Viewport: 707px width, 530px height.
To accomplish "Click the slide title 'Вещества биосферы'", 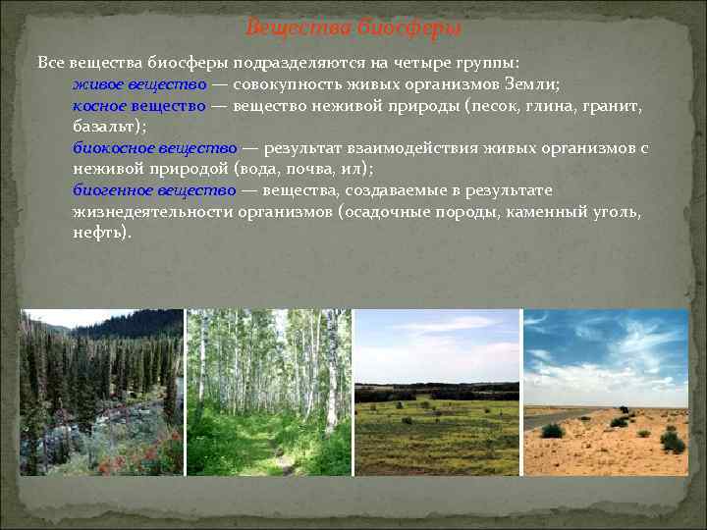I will [353, 26].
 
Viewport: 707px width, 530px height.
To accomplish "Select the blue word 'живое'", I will [97, 84].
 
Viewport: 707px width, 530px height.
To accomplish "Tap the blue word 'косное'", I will [100, 105].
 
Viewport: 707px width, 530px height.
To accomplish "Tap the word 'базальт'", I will [105, 127].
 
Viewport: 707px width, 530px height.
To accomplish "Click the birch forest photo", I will [268, 393].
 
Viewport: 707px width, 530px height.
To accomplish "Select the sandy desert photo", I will [606, 393].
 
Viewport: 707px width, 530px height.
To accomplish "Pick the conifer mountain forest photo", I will [101, 393].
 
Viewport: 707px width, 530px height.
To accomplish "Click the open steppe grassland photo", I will [437, 393].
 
